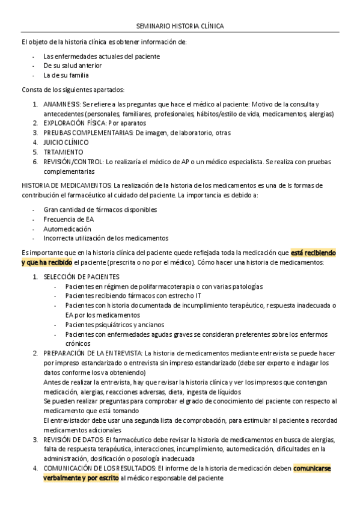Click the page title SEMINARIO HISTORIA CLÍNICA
pyautogui.click(x=180, y=26)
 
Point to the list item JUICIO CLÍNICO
pyautogui.click(x=66, y=142)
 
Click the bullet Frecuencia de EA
pyautogui.click(x=69, y=219)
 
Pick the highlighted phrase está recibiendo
pyautogui.click(x=314, y=253)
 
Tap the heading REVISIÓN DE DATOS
pyautogui.click(x=72, y=440)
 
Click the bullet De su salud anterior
pyautogui.click(x=73, y=66)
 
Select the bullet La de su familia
pyautogui.click(x=66, y=75)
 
